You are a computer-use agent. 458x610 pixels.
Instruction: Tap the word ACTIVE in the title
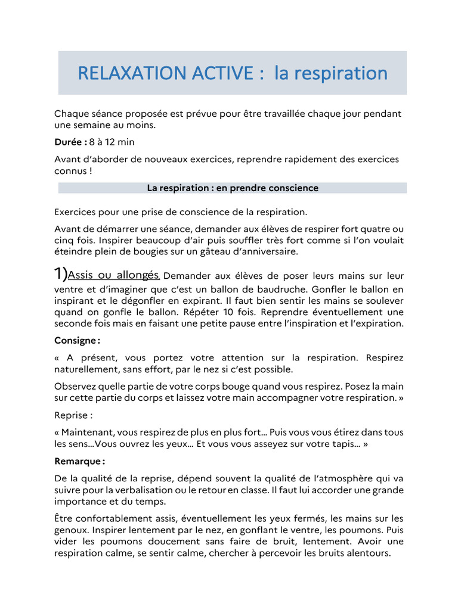click(x=222, y=73)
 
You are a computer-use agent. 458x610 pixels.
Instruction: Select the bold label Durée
click(x=69, y=142)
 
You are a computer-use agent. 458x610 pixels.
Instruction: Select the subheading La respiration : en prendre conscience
click(x=233, y=188)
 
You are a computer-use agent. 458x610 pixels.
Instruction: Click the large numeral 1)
click(x=61, y=274)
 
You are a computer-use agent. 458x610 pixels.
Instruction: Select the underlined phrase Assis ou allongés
click(x=113, y=275)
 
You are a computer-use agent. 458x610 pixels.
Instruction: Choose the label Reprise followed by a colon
click(x=73, y=415)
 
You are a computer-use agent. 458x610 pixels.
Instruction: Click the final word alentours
click(x=367, y=552)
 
